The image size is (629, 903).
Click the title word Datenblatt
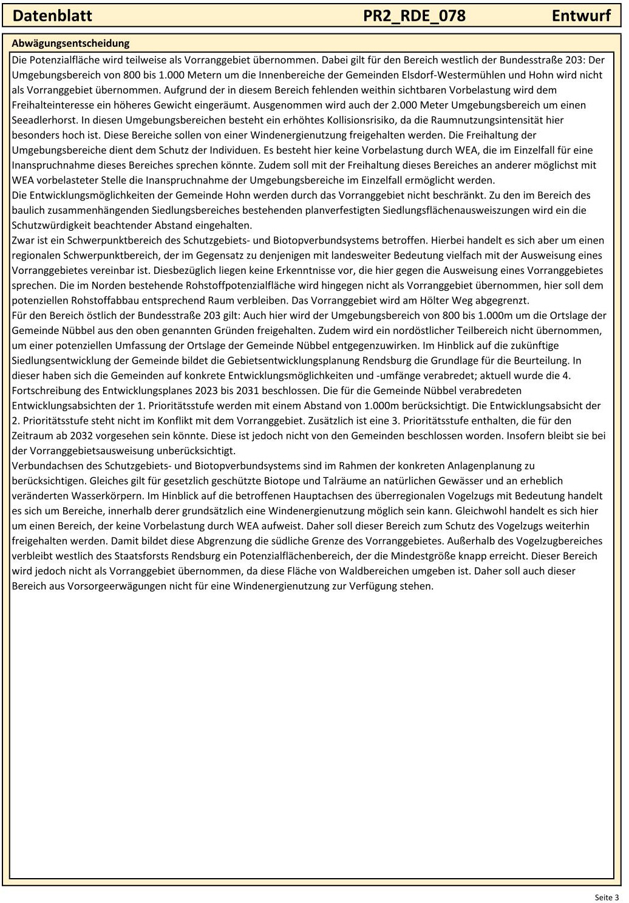pyautogui.click(x=52, y=16)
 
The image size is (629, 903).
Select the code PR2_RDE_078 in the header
pyautogui.click(x=414, y=16)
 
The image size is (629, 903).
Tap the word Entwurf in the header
pyautogui.click(x=581, y=16)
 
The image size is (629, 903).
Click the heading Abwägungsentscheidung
pyautogui.click(x=70, y=43)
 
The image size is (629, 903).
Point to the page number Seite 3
pyautogui.click(x=607, y=897)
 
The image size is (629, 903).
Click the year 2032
pyautogui.click(x=81, y=436)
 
